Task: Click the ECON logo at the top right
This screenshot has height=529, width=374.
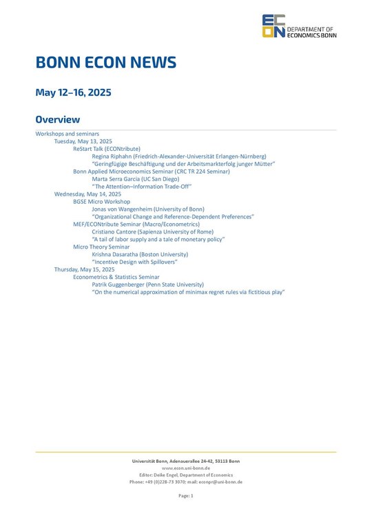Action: pyautogui.click(x=298, y=27)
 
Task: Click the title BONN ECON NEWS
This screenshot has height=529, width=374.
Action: pyautogui.click(x=105, y=63)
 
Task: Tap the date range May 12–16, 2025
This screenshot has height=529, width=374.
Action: pyautogui.click(x=73, y=92)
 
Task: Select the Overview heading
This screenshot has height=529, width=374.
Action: pyautogui.click(x=58, y=119)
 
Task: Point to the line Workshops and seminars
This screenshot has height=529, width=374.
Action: pyautogui.click(x=67, y=134)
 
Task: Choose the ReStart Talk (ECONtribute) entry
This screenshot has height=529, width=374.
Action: pyautogui.click(x=107, y=149)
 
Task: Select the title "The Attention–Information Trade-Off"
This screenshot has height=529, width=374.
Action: pyautogui.click(x=141, y=187)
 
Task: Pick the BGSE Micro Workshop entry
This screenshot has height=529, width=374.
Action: pyautogui.click(x=101, y=202)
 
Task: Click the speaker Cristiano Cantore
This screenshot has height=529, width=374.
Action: pyautogui.click(x=116, y=232)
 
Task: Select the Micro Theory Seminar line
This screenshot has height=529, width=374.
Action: pyautogui.click(x=101, y=247)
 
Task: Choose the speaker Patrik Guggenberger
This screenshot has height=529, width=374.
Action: pyautogui.click(x=122, y=284)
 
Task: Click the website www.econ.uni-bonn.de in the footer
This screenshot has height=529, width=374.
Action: pyautogui.click(x=186, y=468)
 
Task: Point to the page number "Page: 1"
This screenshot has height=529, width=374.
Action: pyautogui.click(x=186, y=496)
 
